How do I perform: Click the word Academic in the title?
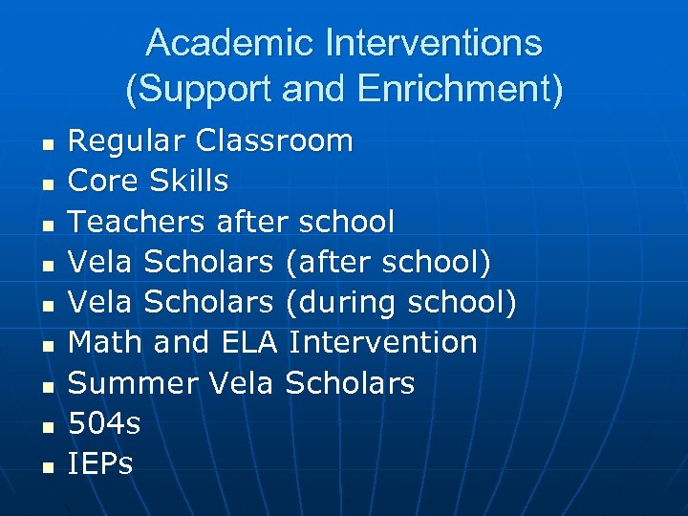point(229,43)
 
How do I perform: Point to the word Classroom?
point(274,141)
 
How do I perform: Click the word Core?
point(104,181)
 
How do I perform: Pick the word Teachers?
point(137,222)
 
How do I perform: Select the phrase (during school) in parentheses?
point(401,302)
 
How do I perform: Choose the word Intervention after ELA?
point(383,342)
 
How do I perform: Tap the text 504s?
point(105,423)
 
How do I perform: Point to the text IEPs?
point(101,464)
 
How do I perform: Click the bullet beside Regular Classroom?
point(45,144)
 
